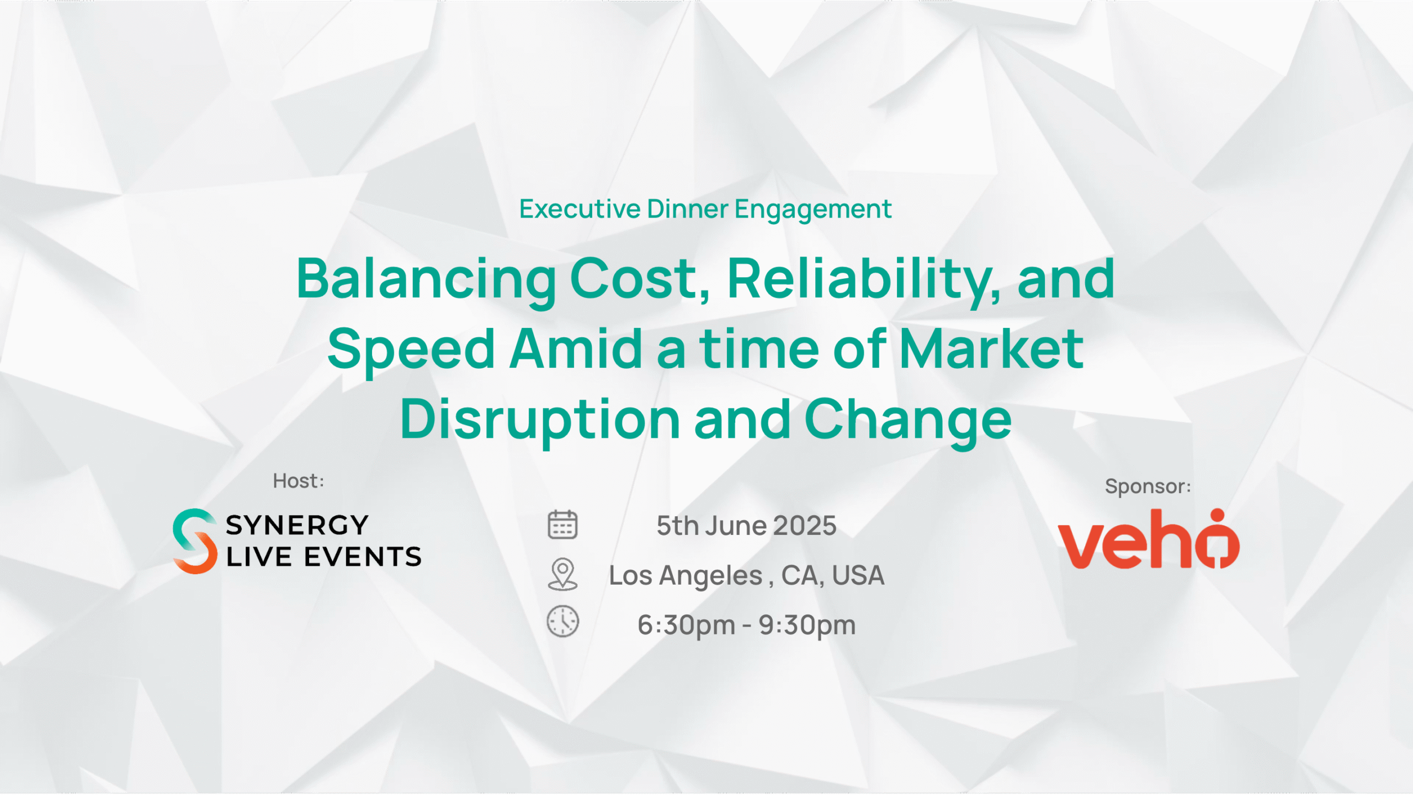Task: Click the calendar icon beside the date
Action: click(x=562, y=524)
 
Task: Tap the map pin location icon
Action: click(x=562, y=574)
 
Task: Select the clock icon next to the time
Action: click(x=562, y=622)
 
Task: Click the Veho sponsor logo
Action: click(x=1149, y=539)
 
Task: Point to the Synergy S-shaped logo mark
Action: click(x=194, y=541)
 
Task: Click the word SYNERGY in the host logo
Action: click(x=297, y=525)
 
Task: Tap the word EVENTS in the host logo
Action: click(x=363, y=556)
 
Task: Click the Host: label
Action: click(x=299, y=481)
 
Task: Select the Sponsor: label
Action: click(x=1148, y=487)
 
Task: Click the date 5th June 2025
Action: click(x=746, y=526)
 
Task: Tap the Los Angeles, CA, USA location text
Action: click(x=746, y=576)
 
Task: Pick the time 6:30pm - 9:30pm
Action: click(x=746, y=626)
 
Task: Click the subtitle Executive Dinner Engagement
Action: click(x=705, y=209)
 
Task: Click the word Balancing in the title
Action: click(x=426, y=280)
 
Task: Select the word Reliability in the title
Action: click(x=864, y=280)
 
